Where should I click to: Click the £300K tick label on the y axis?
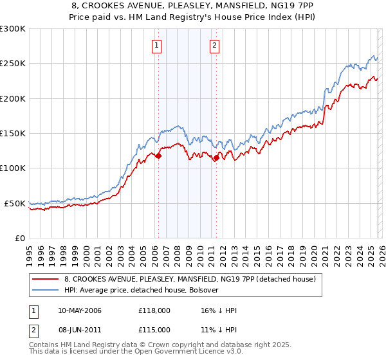click(13, 29)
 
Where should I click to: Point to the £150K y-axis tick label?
click(13, 134)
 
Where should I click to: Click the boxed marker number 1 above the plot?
click(158, 45)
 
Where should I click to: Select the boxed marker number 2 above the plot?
click(214, 45)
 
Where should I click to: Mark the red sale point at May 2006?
click(158, 156)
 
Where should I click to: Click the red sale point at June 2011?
click(216, 157)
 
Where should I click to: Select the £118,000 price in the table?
click(154, 310)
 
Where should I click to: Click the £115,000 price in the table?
click(154, 329)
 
